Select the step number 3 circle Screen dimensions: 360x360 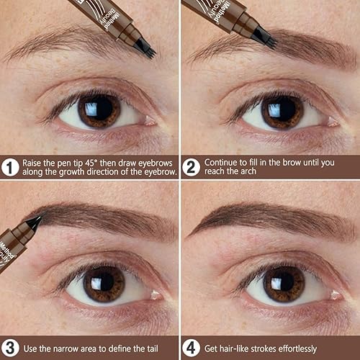pos(10,348)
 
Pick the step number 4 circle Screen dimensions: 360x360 pos(191,348)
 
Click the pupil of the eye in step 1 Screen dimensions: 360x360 pos(99,109)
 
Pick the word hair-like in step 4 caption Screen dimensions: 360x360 pos(232,348)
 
